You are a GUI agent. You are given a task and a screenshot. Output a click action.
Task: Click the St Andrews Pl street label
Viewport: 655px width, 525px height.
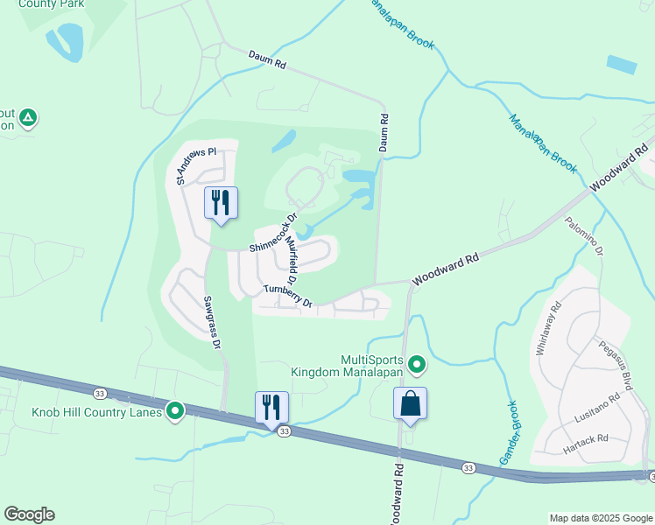[x=194, y=165]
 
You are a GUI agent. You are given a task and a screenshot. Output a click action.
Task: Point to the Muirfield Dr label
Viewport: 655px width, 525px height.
[x=292, y=266]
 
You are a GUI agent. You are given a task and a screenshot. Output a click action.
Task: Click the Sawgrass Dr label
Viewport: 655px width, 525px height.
[x=210, y=322]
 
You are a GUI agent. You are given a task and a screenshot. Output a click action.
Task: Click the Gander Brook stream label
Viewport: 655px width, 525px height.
[x=509, y=432]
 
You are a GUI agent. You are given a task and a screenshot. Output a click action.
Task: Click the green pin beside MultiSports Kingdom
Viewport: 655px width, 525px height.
[x=417, y=362]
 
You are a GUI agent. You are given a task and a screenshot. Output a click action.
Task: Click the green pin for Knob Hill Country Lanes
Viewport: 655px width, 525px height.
[x=175, y=409]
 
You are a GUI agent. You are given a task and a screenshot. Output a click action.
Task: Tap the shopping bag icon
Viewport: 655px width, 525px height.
[x=410, y=404]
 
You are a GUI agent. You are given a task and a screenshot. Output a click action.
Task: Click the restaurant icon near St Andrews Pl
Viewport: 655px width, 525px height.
[x=220, y=204]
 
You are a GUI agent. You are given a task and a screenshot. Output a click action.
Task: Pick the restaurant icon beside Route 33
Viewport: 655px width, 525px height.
[x=271, y=407]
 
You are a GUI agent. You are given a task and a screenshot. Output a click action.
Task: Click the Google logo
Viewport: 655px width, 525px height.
[x=29, y=514]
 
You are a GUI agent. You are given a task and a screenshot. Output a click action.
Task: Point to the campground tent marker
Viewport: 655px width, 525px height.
[x=28, y=116]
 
